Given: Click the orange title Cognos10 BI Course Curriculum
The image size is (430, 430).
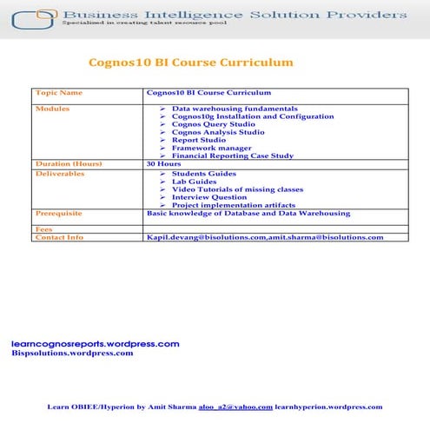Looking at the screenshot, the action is pyautogui.click(x=191, y=63).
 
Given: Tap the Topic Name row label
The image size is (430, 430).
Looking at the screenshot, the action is pyautogui.click(x=59, y=92).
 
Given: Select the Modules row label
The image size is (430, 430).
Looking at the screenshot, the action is pyautogui.click(x=53, y=109).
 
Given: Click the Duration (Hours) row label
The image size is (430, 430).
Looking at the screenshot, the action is pyautogui.click(x=69, y=163).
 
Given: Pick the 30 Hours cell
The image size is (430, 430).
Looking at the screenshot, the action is pyautogui.click(x=163, y=163).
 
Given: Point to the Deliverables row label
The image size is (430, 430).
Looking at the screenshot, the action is pyautogui.click(x=60, y=174).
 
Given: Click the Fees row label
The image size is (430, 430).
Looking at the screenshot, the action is pyautogui.click(x=43, y=229).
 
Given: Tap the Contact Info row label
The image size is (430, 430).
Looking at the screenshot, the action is pyautogui.click(x=60, y=237).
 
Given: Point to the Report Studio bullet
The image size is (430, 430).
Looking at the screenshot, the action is pyautogui.click(x=199, y=140).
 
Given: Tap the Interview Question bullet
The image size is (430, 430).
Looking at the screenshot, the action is pyautogui.click(x=209, y=197).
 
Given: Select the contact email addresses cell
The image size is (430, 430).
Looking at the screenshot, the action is pyautogui.click(x=265, y=237).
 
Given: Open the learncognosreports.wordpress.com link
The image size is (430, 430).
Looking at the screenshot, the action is pyautogui.click(x=96, y=344).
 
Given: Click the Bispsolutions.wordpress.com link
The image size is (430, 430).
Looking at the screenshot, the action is pyautogui.click(x=73, y=353).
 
